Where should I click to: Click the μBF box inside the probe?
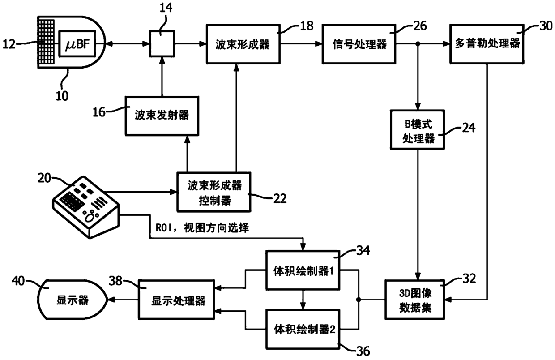pyautogui.click(x=77, y=43)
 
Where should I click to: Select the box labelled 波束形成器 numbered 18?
pyautogui.click(x=243, y=44)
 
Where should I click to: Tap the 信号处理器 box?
pyautogui.click(x=359, y=44)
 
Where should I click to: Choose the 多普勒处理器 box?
pyautogui.click(x=487, y=44)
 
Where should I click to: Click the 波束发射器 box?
pyautogui.click(x=162, y=116)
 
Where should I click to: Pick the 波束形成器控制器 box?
pyautogui.click(x=214, y=192)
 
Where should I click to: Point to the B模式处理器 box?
pyautogui.click(x=417, y=130)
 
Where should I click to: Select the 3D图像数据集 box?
pyautogui.click(x=415, y=300)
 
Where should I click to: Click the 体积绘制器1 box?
pyautogui.click(x=303, y=270)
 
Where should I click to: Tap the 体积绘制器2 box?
pyautogui.click(x=303, y=329)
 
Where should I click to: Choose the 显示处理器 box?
pyautogui.click(x=176, y=300)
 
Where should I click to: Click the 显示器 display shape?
pyautogui.click(x=72, y=300)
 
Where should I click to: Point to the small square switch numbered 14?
pyautogui.click(x=162, y=43)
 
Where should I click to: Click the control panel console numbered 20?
pyautogui.click(x=86, y=207)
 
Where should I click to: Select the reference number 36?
pyautogui.click(x=363, y=351)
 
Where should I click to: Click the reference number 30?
pyautogui.click(x=546, y=26)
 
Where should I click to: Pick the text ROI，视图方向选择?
pyautogui.click(x=202, y=227)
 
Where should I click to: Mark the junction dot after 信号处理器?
pyautogui.click(x=418, y=44)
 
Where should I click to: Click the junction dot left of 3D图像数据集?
pyautogui.click(x=358, y=300)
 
